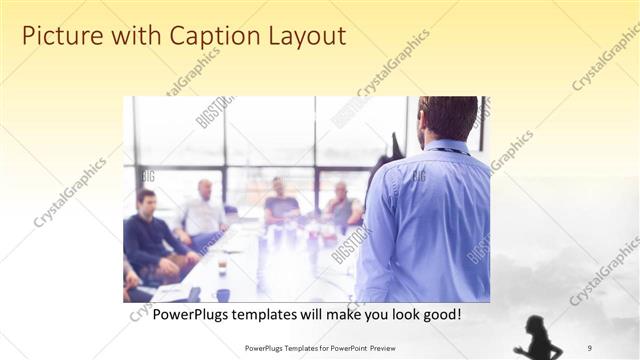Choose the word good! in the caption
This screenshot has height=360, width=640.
(x=440, y=314)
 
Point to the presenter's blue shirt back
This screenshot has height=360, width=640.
(x=425, y=220)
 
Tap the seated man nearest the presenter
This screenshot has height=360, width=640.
(x=342, y=206)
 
